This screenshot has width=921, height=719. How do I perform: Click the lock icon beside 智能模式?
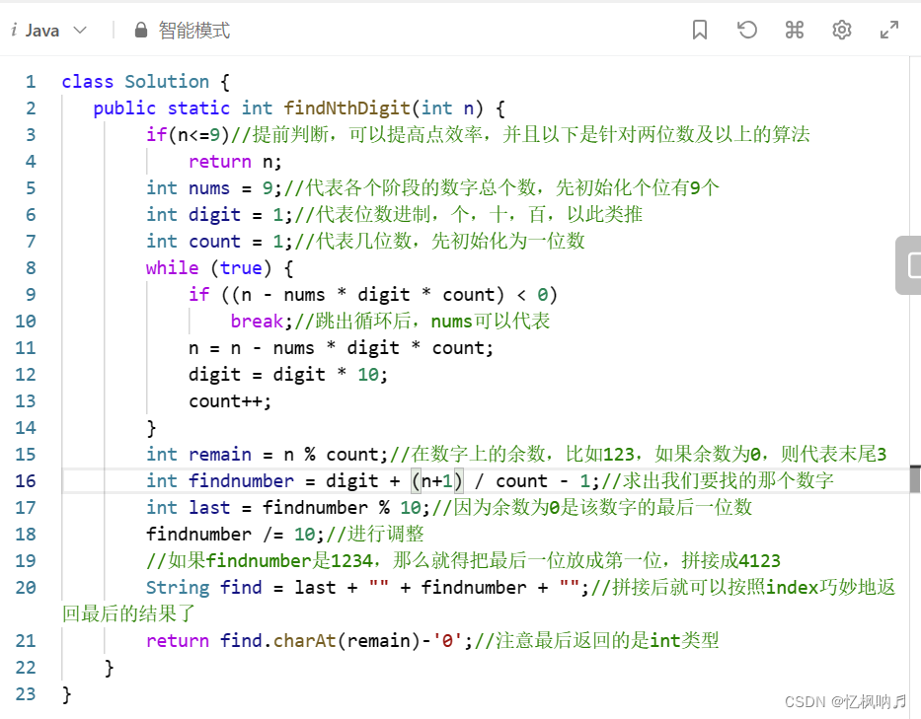pos(140,31)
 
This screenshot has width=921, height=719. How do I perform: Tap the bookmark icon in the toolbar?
pos(700,31)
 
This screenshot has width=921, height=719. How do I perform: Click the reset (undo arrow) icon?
pos(747,31)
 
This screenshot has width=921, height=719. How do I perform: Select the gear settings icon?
pos(842,31)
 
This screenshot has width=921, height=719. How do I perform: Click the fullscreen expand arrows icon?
pos(889,31)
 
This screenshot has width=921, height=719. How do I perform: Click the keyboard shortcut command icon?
pos(795,31)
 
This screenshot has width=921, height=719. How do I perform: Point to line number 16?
pos(26,481)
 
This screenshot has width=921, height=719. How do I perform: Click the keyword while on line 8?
pos(172,268)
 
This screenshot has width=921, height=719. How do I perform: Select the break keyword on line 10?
pos(257,322)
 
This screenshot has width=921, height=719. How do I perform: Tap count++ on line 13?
pos(230,401)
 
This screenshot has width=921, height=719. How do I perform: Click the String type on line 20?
pos(178,588)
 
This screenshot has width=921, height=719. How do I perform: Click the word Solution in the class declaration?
pos(167,82)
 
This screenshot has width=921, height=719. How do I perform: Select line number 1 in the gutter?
pos(31,82)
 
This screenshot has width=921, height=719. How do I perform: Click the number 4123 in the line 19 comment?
pos(758,561)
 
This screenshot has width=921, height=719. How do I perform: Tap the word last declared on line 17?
pos(208,508)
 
